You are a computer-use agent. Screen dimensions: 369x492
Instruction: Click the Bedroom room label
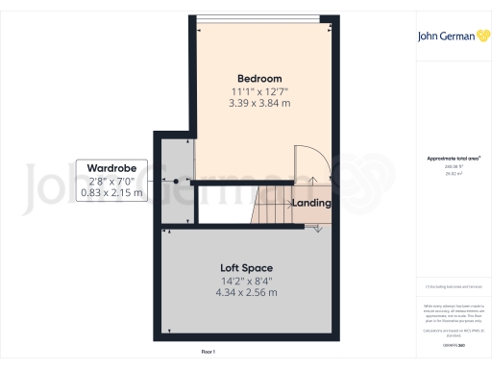click(x=259, y=78)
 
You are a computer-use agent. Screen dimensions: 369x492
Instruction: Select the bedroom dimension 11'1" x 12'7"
click(x=259, y=90)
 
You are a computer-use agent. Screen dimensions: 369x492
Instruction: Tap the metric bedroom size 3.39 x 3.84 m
click(x=259, y=102)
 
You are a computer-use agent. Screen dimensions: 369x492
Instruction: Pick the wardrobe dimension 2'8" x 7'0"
click(x=111, y=181)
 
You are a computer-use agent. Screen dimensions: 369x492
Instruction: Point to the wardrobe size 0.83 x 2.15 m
click(x=111, y=192)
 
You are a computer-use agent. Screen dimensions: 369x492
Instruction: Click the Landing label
click(x=312, y=203)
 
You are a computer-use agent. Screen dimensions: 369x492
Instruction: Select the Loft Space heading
click(x=248, y=267)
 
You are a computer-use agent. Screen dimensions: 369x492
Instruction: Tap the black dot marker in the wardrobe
click(x=177, y=181)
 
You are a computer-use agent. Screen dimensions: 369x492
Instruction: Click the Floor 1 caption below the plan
click(x=208, y=353)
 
